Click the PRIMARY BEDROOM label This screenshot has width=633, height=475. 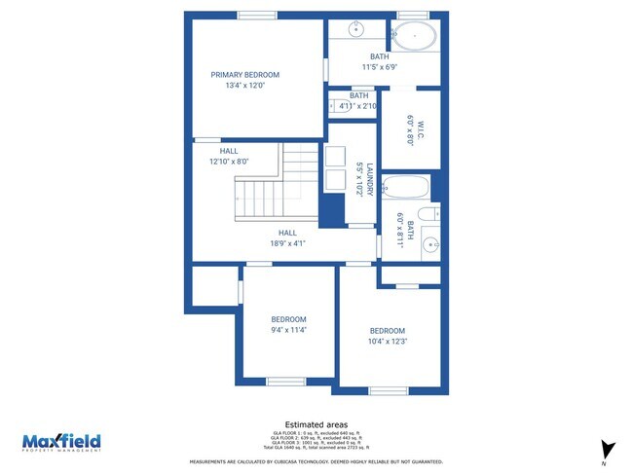[245, 75]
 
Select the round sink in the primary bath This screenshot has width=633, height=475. [356, 30]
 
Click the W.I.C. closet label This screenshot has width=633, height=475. [412, 129]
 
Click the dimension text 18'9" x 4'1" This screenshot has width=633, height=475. [287, 244]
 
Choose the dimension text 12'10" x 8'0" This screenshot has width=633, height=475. [229, 163]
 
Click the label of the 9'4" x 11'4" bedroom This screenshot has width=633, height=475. [288, 319]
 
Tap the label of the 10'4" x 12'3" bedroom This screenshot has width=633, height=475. [387, 330]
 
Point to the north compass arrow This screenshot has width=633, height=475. [609, 450]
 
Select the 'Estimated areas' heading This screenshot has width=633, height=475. [316, 424]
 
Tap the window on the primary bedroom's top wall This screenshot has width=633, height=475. [256, 16]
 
